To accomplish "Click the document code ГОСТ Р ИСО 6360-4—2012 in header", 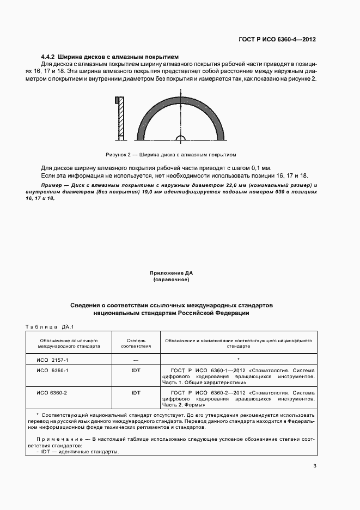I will [x=277, y=40].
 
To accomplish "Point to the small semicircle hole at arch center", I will [x=181, y=136].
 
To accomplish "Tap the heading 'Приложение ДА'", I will [x=171, y=272].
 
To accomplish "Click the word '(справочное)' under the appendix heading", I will [x=171, y=280].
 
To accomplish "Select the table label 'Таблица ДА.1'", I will [x=49, y=327].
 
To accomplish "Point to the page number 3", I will [x=315, y=466].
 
